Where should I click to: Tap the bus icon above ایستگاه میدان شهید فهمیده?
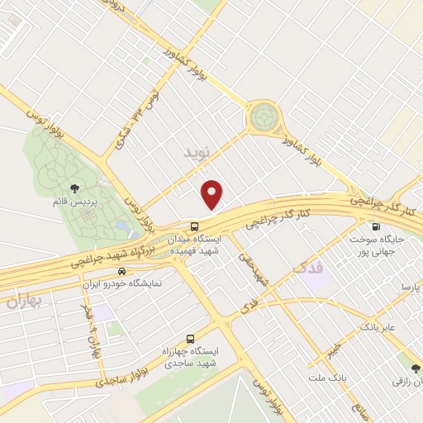click(x=194, y=226)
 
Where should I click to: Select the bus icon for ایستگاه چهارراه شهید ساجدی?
click(x=191, y=339)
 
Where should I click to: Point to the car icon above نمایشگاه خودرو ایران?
click(x=122, y=271)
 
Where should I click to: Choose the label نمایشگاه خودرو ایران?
click(x=123, y=283)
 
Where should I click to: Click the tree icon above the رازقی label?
click(x=416, y=368)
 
